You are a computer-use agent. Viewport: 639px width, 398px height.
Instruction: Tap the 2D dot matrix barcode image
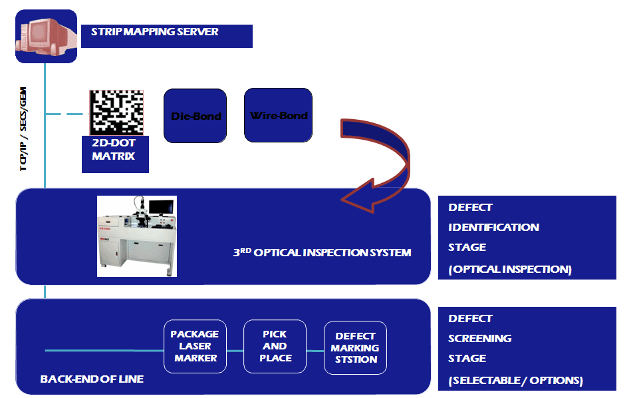click(117, 110)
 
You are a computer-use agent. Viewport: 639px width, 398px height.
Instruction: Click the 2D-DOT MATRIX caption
click(113, 150)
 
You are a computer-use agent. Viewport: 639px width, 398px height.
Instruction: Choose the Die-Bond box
click(196, 116)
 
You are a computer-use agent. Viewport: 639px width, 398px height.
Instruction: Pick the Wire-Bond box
click(279, 115)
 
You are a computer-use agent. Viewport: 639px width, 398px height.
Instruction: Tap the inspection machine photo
click(137, 236)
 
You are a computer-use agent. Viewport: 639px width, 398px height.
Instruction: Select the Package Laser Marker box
click(195, 346)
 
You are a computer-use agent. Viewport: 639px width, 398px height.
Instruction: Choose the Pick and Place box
click(275, 346)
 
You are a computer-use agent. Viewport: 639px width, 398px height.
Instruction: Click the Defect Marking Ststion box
click(355, 347)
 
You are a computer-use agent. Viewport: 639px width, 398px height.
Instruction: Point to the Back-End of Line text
click(92, 379)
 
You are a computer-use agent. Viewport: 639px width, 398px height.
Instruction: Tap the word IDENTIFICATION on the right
click(493, 227)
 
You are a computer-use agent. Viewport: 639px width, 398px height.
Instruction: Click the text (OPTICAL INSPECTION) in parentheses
click(510, 270)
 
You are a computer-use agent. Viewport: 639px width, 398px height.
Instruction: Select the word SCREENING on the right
click(479, 338)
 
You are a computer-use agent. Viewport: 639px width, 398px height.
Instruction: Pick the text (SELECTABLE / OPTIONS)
click(515, 381)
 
